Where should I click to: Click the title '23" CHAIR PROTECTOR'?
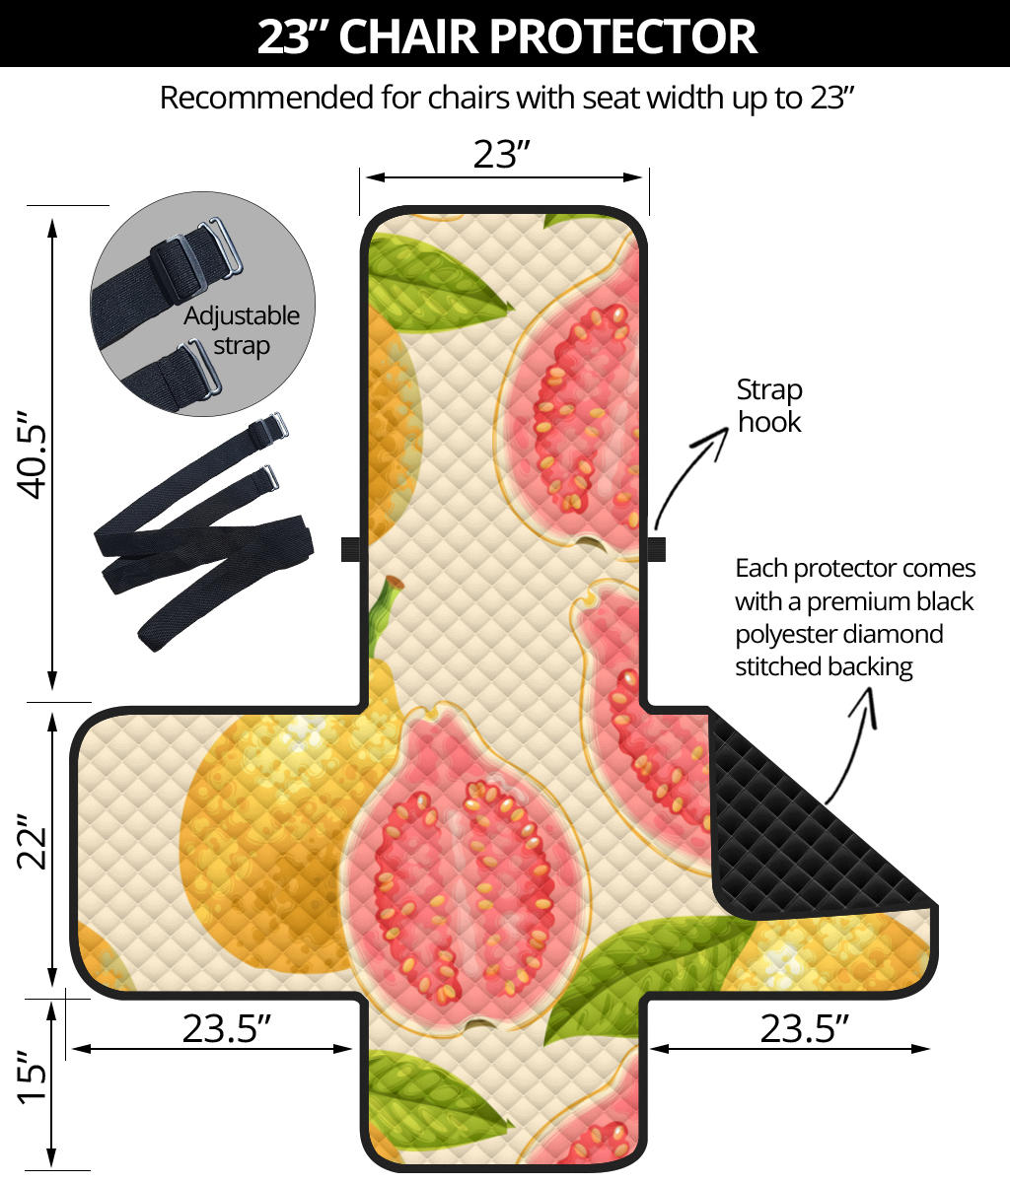[505, 35]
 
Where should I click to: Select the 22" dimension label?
[36, 841]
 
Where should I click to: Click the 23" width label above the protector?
[502, 154]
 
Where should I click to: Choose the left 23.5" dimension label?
[226, 1028]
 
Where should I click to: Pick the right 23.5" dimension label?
[804, 1028]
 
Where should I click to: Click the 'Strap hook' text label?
[769, 405]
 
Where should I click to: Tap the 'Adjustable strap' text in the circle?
[242, 330]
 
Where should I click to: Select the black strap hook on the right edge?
[657, 548]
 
